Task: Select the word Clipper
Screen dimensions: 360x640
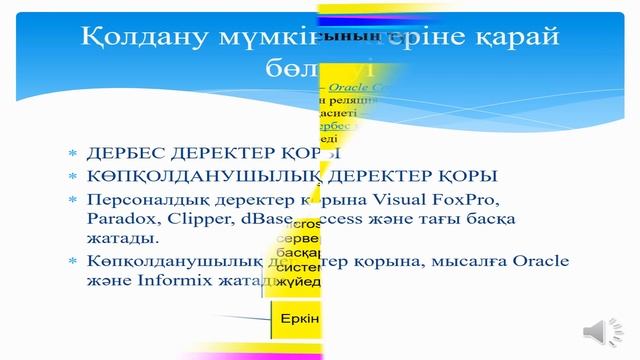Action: [x=196, y=219]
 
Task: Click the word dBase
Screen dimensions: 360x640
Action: [x=263, y=219]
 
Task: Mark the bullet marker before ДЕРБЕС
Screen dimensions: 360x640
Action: [x=71, y=155]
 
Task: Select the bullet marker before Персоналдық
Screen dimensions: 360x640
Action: [x=71, y=200]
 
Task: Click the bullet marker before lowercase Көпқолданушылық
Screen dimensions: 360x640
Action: [x=71, y=263]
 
